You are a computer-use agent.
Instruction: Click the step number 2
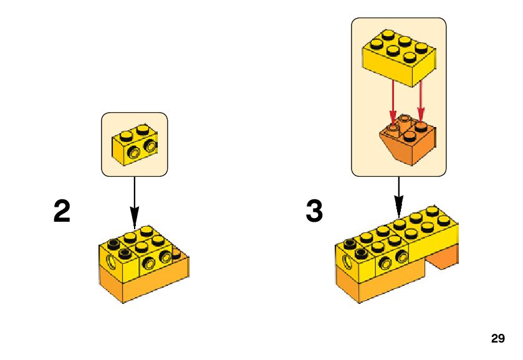tap(62, 212)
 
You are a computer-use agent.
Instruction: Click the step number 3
tap(314, 212)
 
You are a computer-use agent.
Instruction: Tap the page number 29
tap(497, 339)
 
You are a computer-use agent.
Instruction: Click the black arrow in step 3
tap(399, 196)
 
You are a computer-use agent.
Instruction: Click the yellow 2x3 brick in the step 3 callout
tap(398, 59)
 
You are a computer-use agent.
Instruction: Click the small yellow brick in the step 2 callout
tap(135, 144)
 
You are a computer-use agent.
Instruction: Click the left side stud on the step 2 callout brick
tap(133, 153)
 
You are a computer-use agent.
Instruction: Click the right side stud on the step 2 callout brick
tap(150, 147)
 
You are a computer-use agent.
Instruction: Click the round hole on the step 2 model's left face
tap(112, 262)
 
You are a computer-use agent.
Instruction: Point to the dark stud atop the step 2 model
tap(113, 242)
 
